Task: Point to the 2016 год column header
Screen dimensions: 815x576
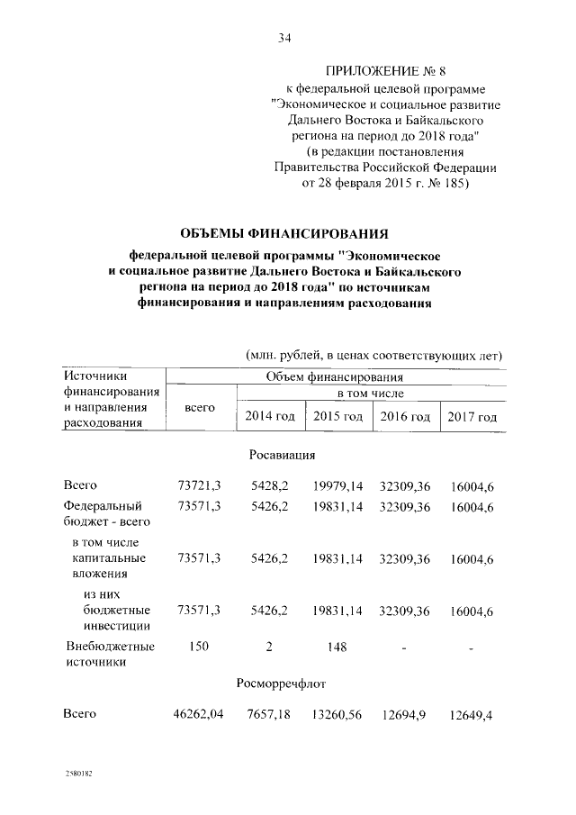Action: pos(405,417)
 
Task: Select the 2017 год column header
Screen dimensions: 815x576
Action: pos(472,417)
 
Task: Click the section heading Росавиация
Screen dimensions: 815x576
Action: pos(282,455)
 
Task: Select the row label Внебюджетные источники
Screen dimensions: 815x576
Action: pos(109,654)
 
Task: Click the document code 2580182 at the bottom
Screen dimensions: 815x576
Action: pos(78,774)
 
